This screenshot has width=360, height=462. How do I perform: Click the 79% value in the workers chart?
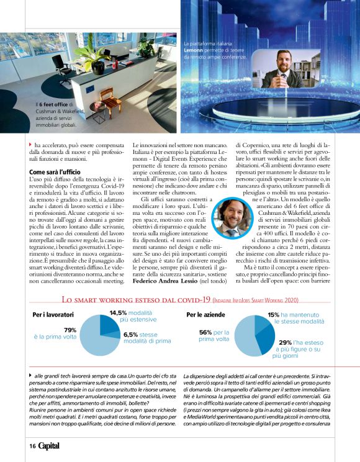coord(70,330)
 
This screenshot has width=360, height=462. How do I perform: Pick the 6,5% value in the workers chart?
coord(131,334)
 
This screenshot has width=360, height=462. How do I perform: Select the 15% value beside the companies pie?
coord(273,315)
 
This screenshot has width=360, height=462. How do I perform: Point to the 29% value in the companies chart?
coord(285,342)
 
